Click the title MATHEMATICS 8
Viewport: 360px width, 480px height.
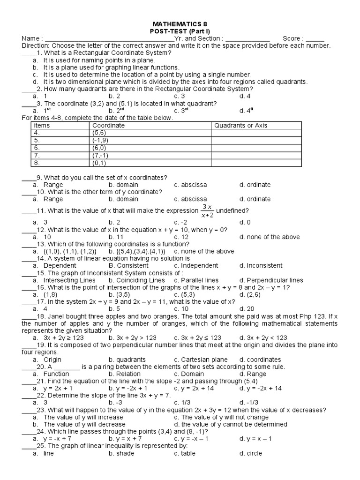(180, 23)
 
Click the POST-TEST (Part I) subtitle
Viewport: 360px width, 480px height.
(180, 31)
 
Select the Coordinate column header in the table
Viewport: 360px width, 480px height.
(108, 126)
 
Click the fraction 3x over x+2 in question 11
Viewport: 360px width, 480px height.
(207, 211)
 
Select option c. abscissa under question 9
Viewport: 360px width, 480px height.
(190, 185)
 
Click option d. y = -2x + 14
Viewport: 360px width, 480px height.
(260, 389)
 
